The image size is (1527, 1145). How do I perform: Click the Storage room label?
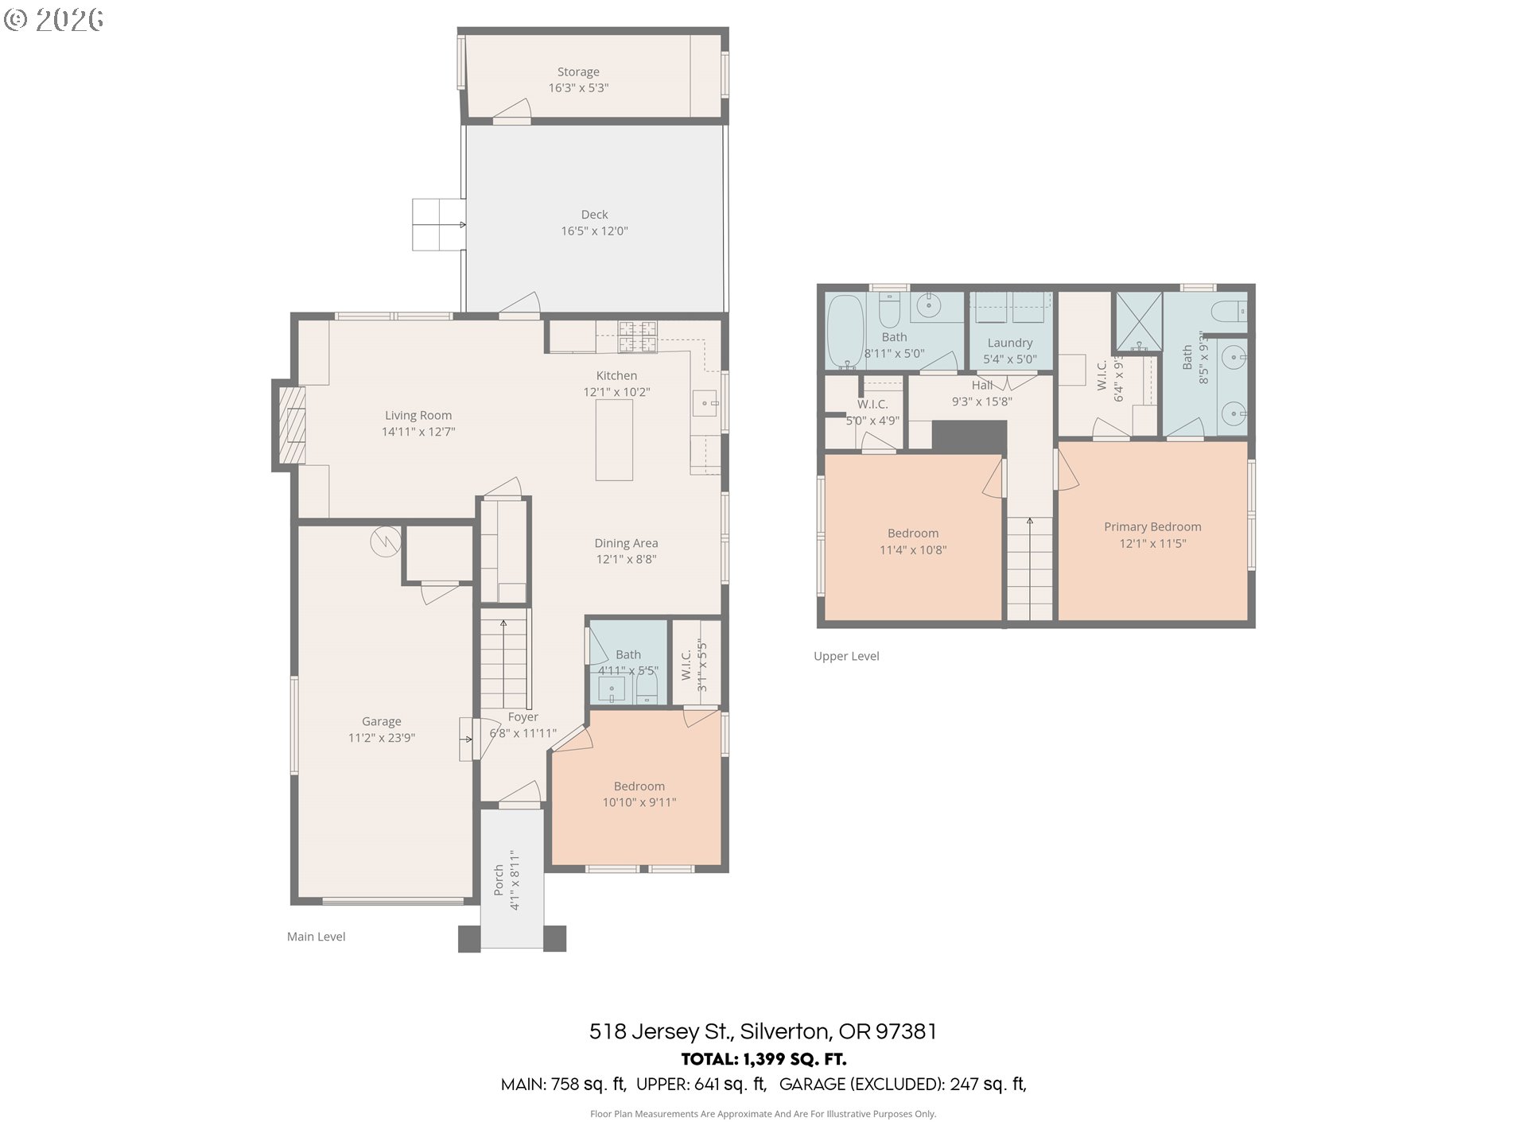pos(578,72)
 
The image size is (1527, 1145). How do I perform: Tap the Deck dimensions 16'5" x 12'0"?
pos(594,231)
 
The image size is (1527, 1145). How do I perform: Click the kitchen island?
pos(615,440)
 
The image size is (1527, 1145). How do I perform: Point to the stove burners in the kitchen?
pos(638,336)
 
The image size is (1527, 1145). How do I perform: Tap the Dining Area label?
pos(626,543)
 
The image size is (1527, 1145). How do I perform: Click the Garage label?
pos(381,721)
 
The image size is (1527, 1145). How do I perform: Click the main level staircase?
pos(503,659)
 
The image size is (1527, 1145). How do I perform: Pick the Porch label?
pos(499,879)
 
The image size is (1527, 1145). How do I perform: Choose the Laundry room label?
pos(1010,343)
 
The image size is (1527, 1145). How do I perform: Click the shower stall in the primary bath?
pos(1139,323)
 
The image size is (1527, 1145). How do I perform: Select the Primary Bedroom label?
pos(1152,526)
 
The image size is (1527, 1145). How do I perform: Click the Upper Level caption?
pos(846,656)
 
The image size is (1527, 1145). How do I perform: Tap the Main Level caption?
pos(316,937)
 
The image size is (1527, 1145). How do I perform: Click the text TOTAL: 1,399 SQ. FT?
pos(763,1059)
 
